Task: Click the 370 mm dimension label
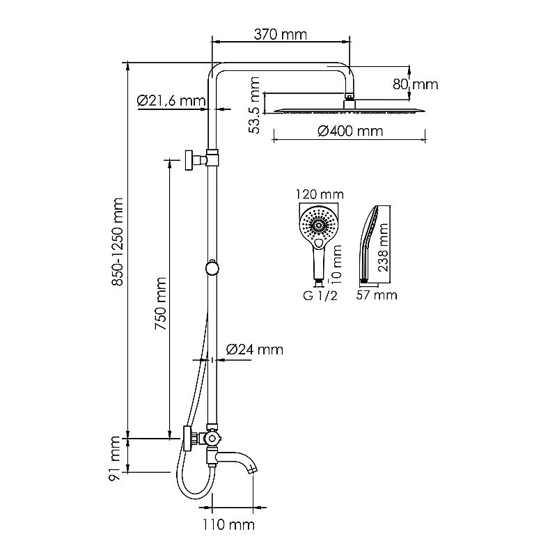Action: [x=281, y=33]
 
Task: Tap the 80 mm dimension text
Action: [x=415, y=84]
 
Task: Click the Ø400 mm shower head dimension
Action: [x=350, y=131]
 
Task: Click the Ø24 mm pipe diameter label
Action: [x=255, y=350]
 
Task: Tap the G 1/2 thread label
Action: [x=319, y=295]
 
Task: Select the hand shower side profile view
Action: [x=369, y=244]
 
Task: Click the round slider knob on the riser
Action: [x=212, y=267]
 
